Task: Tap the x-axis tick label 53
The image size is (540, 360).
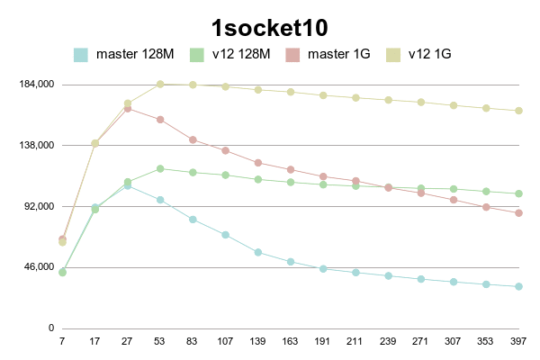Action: (160, 341)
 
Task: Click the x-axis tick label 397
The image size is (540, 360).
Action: (518, 341)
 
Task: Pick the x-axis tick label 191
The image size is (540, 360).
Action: (323, 341)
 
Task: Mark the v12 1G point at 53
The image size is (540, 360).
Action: (160, 85)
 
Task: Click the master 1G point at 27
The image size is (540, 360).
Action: (128, 109)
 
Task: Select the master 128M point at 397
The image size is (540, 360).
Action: (518, 286)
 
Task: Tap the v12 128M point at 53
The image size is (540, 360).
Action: (160, 168)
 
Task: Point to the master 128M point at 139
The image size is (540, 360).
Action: (258, 252)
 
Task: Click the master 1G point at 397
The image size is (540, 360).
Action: (518, 212)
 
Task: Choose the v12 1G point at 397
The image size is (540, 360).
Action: (518, 111)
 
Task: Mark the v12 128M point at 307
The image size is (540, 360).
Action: (454, 189)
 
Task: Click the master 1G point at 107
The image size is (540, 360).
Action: (225, 150)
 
